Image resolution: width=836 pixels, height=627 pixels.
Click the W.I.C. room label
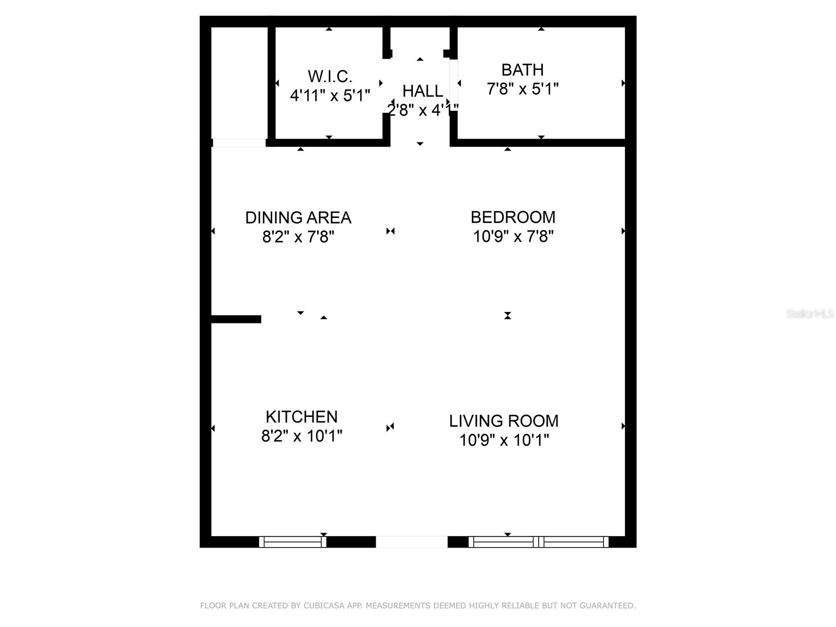[x=330, y=76]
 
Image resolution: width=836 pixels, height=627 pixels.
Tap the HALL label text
[x=422, y=91]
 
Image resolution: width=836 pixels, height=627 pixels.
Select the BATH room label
[x=522, y=69]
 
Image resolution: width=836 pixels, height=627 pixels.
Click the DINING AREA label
[x=298, y=217]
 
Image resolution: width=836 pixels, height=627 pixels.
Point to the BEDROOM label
[x=513, y=217]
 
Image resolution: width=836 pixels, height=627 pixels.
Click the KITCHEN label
[x=301, y=416]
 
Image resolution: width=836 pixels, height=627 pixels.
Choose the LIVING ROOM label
[x=504, y=421]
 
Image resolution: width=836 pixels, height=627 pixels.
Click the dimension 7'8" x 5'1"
[x=522, y=89]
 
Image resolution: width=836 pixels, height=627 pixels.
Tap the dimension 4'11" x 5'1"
[x=330, y=96]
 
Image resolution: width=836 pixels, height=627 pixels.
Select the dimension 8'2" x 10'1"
[x=301, y=436]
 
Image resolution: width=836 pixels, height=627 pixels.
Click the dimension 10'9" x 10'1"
[x=504, y=440]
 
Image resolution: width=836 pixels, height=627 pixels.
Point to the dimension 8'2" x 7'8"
[x=298, y=237]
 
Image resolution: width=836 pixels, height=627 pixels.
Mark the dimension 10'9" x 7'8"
[x=513, y=237]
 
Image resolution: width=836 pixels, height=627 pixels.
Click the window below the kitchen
[x=293, y=542]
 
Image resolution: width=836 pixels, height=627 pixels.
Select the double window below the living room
[x=539, y=542]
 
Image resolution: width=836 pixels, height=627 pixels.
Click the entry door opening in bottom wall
[x=412, y=542]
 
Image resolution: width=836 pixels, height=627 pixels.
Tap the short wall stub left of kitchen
[x=236, y=319]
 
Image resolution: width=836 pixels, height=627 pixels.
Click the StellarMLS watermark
[x=809, y=314]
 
